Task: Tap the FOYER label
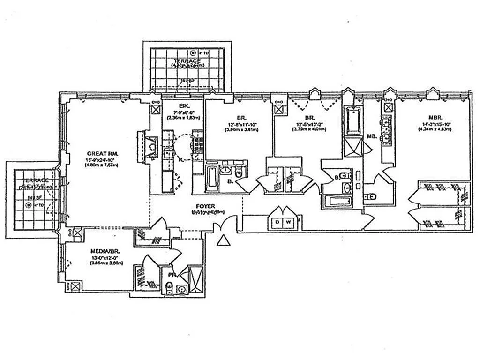[205, 205]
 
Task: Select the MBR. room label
[431, 118]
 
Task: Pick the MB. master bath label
[373, 136]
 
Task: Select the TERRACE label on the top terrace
[187, 61]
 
